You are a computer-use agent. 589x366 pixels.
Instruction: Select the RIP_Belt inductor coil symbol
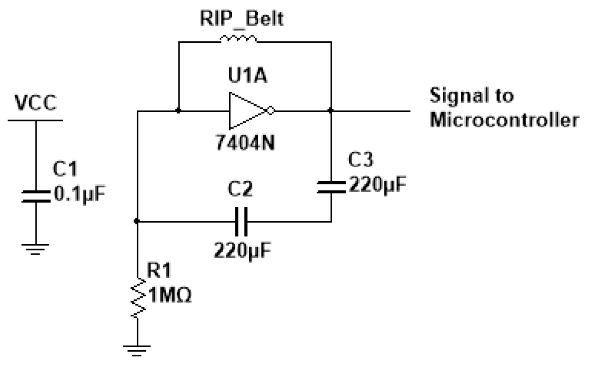coord(238,40)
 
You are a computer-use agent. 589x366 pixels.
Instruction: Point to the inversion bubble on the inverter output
coord(270,110)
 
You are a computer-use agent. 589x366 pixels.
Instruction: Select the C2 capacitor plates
coord(242,221)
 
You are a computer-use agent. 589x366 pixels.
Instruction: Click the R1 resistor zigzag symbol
coord(138,298)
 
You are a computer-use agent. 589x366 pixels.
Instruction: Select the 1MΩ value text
coord(171,296)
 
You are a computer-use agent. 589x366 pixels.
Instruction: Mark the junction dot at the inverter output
coord(331,110)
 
